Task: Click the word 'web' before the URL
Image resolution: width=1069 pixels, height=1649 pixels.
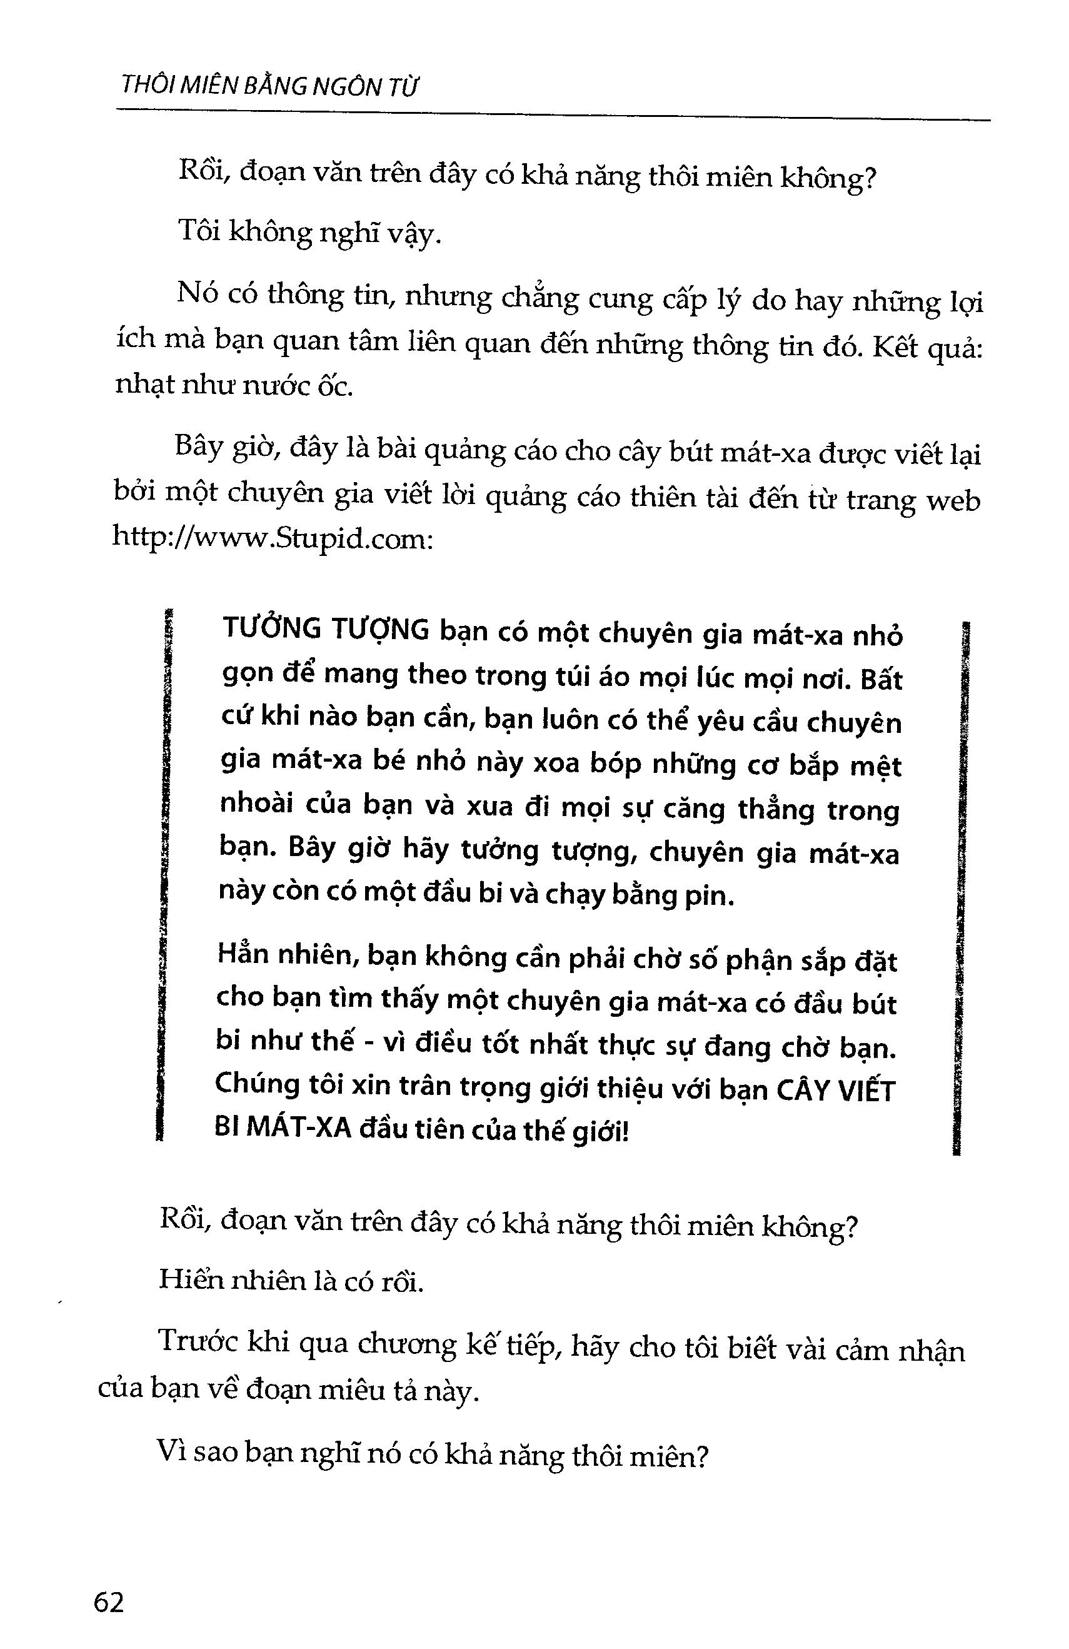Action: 953,500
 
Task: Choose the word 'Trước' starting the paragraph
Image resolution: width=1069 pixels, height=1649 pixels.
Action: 199,1341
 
